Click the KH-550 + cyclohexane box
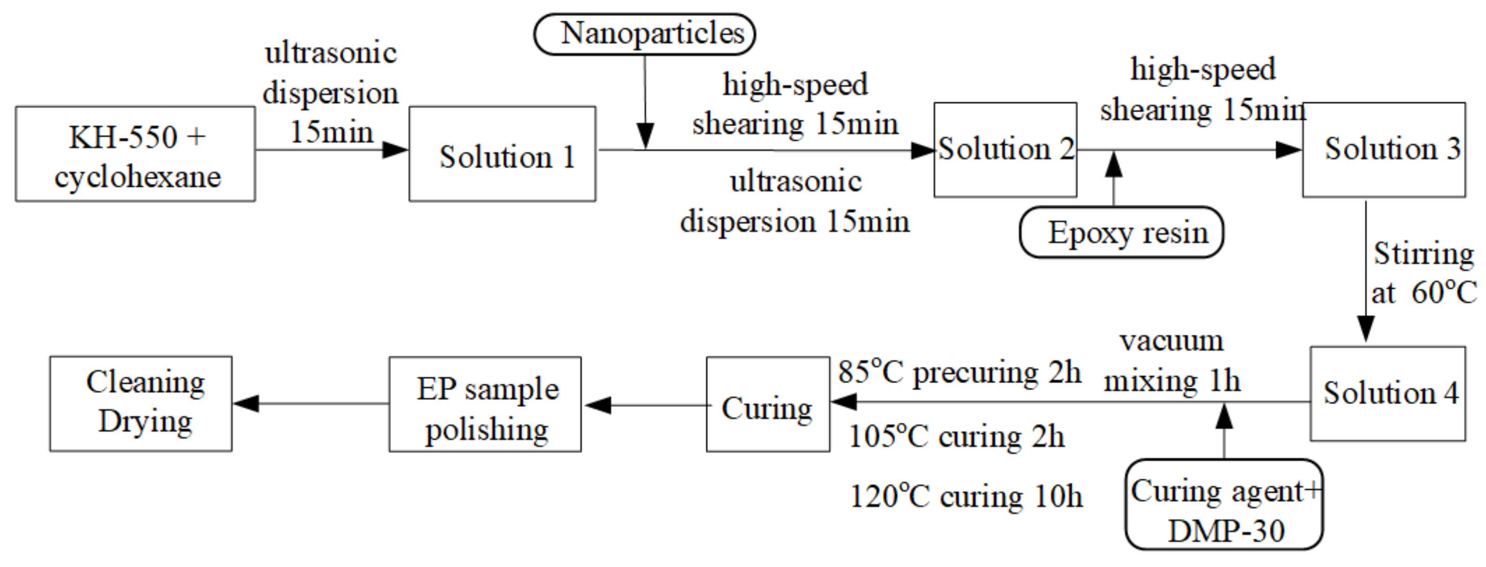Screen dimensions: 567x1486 [x=136, y=154]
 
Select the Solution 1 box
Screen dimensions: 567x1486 [x=503, y=154]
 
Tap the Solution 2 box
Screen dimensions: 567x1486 [x=1005, y=150]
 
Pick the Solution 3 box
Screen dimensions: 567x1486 [x=1384, y=150]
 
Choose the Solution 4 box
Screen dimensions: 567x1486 [x=1388, y=394]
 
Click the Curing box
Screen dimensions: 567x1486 [x=768, y=404]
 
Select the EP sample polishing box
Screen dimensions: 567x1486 [x=485, y=404]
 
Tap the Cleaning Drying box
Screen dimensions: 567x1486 [x=141, y=404]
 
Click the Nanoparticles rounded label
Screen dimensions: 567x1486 [x=644, y=34]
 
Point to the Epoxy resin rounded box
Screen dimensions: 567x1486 [x=1122, y=233]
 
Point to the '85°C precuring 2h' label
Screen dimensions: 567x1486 [x=959, y=372]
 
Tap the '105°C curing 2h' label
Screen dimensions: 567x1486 [x=956, y=436]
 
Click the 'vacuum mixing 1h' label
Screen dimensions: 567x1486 [x=1172, y=362]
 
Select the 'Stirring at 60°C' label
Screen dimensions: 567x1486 [x=1422, y=272]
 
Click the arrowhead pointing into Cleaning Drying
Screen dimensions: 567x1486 [x=246, y=403]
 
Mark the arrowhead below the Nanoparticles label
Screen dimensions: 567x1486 [x=645, y=136]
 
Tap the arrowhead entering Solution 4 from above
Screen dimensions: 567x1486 [x=1365, y=330]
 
